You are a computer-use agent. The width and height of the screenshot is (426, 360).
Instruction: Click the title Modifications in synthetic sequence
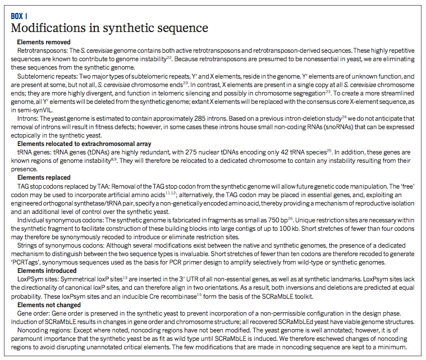pos(109,28)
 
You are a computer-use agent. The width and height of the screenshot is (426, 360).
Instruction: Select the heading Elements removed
pos(44,42)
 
